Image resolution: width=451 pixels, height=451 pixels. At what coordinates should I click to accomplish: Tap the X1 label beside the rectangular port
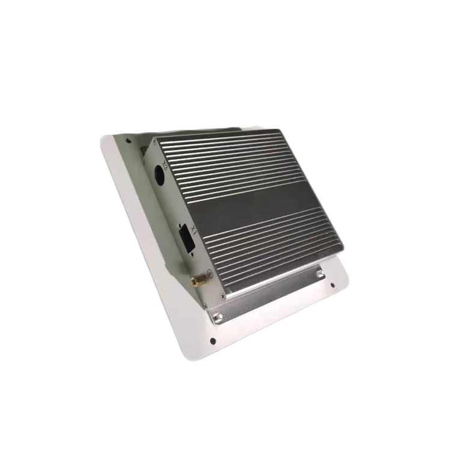click(194, 230)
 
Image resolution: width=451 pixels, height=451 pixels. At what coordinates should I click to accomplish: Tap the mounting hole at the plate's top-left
click(127, 141)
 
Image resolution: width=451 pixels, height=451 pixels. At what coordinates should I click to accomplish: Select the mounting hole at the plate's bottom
click(212, 340)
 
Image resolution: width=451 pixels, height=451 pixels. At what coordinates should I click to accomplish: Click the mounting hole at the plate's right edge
click(333, 286)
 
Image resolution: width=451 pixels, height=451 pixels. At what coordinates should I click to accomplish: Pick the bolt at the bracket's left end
click(219, 317)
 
